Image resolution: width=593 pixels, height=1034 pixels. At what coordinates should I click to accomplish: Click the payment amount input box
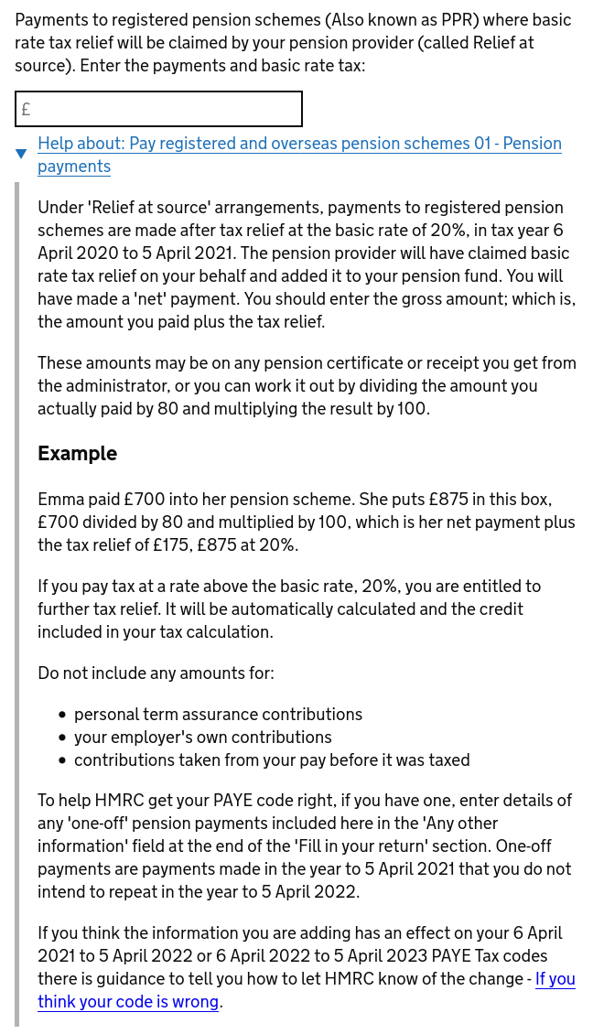158,109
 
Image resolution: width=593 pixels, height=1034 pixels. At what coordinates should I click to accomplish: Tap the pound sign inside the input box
26,110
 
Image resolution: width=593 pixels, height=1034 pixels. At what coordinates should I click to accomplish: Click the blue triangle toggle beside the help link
21,154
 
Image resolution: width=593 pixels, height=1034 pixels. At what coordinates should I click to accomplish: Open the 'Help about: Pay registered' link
299,144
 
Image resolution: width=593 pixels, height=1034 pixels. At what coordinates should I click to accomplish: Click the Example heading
77,454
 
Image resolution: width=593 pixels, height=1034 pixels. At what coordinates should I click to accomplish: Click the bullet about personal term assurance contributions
218,715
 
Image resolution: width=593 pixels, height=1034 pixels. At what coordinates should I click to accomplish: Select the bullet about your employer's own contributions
202,738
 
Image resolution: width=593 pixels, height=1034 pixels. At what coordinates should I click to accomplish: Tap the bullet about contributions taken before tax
272,760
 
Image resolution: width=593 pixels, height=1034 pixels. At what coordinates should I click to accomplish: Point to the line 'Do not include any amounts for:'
156,673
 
